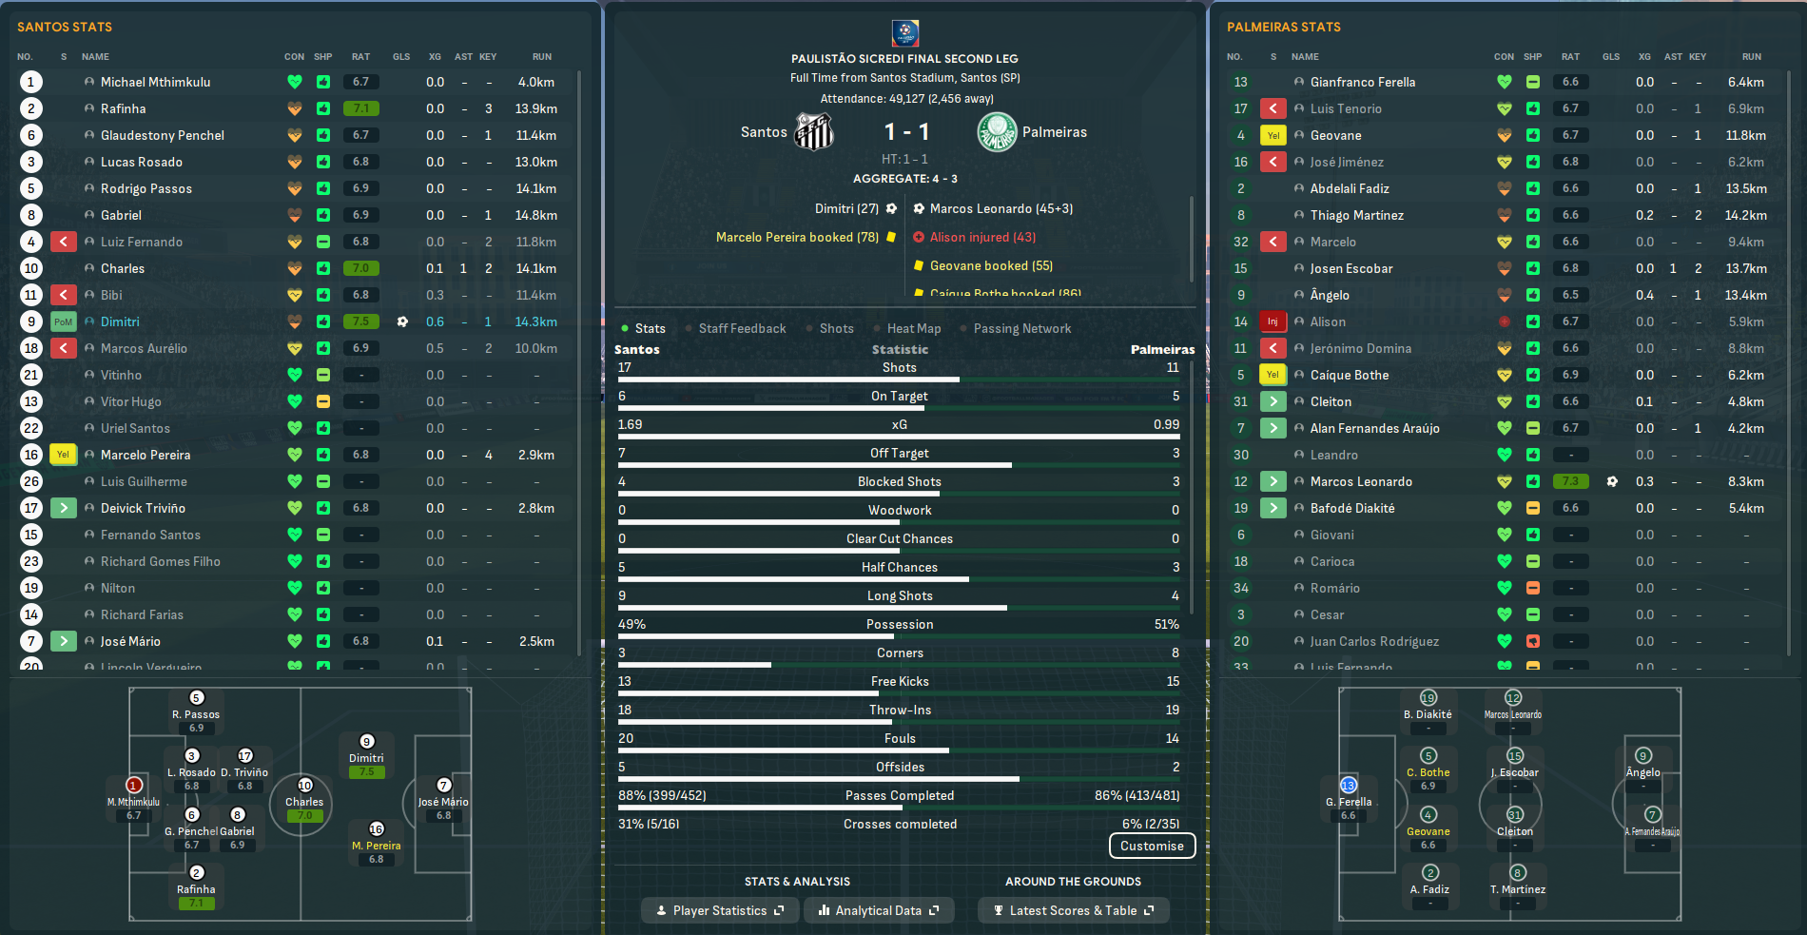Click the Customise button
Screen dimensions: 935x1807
(x=1152, y=846)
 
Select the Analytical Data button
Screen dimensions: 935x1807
(x=878, y=910)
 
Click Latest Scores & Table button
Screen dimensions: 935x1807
(x=1073, y=910)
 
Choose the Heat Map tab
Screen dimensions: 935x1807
(x=913, y=328)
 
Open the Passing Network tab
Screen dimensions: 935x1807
(x=1021, y=328)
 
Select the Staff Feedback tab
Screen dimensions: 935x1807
(x=742, y=328)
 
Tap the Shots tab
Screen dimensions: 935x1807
(x=836, y=328)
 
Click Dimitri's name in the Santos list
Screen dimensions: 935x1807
(x=120, y=321)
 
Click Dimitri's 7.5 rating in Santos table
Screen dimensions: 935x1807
(x=360, y=321)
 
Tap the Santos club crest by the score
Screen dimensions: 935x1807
(x=814, y=132)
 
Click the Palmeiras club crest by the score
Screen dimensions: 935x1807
(x=997, y=132)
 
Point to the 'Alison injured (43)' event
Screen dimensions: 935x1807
(x=982, y=237)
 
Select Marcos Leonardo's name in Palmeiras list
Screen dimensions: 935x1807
(x=1361, y=481)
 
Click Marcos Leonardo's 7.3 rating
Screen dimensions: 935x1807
(x=1570, y=481)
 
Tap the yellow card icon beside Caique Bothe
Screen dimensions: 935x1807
(x=1273, y=375)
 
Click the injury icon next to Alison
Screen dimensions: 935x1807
(x=1273, y=321)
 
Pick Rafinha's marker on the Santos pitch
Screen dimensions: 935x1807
(x=197, y=873)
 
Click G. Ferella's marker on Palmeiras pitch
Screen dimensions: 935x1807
(x=1348, y=786)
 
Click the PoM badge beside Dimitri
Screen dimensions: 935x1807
(x=63, y=321)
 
